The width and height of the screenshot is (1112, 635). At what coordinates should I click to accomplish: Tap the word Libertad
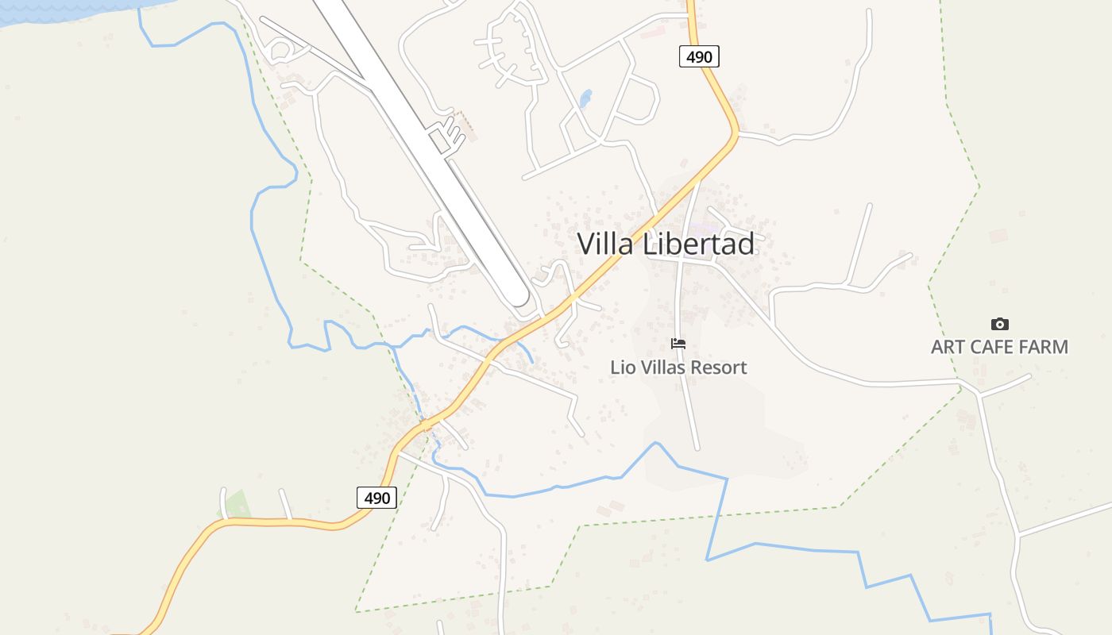(x=698, y=244)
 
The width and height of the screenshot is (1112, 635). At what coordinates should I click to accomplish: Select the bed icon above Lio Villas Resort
(x=678, y=344)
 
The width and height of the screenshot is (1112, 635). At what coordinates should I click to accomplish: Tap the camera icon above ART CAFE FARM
(x=1000, y=324)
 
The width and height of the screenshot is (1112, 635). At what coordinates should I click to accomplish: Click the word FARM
(x=1043, y=347)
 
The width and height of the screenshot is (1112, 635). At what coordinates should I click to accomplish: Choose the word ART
(x=947, y=347)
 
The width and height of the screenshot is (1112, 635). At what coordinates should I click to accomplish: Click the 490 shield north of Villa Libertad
(x=699, y=56)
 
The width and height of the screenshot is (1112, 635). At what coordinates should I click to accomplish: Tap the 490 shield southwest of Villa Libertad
(x=376, y=498)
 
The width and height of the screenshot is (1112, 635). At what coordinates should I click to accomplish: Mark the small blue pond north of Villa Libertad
(x=585, y=99)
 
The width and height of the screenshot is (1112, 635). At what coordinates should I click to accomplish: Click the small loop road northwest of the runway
(x=279, y=51)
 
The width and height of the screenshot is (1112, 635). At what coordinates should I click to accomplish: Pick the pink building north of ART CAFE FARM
(x=998, y=236)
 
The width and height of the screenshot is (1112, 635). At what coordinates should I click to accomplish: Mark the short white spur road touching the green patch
(x=224, y=503)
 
